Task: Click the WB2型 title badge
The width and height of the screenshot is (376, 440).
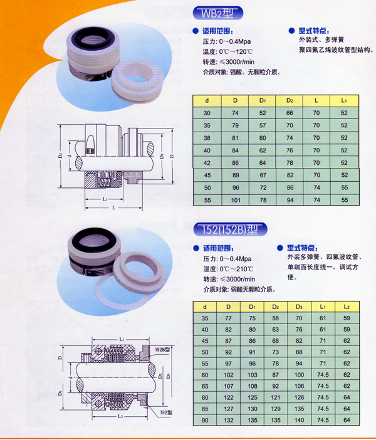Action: click(217, 13)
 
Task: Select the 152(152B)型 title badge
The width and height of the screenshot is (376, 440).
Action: click(230, 229)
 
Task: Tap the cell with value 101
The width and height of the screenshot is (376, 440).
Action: click(236, 200)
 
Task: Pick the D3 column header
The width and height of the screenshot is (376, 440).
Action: click(299, 307)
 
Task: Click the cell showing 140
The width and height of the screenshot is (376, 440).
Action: click(299, 420)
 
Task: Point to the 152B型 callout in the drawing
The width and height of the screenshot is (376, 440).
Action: click(162, 350)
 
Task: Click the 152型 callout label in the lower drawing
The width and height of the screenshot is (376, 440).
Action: click(166, 412)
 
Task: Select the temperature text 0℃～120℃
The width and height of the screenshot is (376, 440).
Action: click(236, 52)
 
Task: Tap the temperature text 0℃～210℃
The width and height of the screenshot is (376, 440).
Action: click(236, 269)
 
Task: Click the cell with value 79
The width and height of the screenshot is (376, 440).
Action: click(235, 125)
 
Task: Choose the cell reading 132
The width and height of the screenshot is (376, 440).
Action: click(228, 420)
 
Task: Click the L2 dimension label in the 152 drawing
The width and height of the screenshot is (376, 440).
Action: click(120, 416)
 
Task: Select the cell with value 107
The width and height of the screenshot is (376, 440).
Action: click(228, 386)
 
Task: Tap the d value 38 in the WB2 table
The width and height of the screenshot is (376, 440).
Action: click(207, 138)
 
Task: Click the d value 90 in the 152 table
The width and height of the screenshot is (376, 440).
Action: click(205, 420)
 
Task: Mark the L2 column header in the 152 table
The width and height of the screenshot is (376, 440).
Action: click(347, 307)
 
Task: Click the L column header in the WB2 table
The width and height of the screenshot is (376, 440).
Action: click(316, 100)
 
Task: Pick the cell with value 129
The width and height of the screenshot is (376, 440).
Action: click(276, 409)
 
